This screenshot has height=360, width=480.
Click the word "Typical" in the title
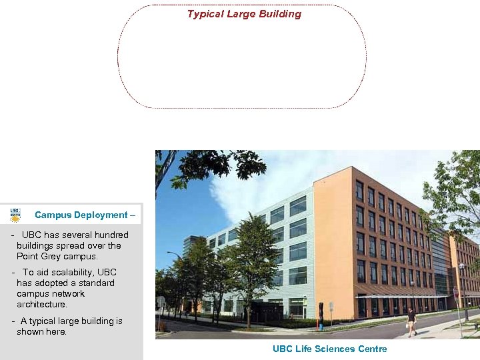pos(205,14)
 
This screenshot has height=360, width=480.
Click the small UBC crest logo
pos(15,215)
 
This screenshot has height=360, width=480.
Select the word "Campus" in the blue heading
pos(53,215)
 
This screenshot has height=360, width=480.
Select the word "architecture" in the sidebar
pos(41,304)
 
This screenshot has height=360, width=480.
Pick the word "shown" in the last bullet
pos(31,331)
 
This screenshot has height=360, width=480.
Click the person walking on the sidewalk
pos(412,322)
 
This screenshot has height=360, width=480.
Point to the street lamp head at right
pos(461,267)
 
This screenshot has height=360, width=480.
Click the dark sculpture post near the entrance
pos(321,313)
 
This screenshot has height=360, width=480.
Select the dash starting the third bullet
pos(13,321)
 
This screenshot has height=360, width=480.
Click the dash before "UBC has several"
pos(13,235)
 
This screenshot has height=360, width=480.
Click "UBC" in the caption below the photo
pos(283,349)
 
